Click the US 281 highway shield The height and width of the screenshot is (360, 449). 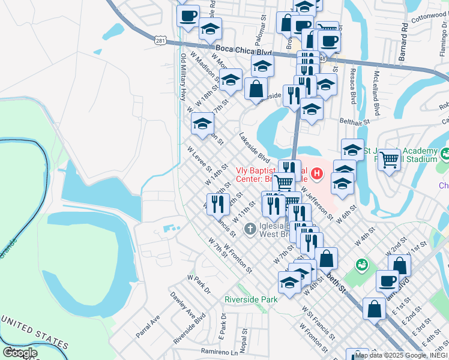pos(160,40)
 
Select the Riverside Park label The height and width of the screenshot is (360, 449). pos(251,299)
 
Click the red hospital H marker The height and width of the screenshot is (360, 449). pos(318,175)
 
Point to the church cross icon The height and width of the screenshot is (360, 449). pos(250,229)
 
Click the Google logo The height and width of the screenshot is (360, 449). pos(20,353)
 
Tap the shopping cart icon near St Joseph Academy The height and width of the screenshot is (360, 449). pos(390,160)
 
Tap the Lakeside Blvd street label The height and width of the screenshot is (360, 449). pos(255,146)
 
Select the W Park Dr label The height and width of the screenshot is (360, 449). pos(199,284)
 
